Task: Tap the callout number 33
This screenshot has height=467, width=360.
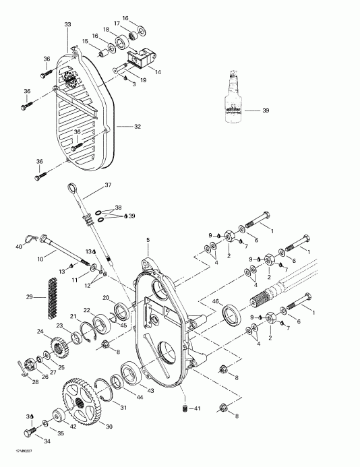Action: (x=67, y=25)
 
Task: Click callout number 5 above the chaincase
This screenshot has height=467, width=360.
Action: (x=148, y=241)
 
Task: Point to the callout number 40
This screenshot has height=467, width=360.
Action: (x=18, y=247)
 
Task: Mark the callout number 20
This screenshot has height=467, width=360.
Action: (x=105, y=298)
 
